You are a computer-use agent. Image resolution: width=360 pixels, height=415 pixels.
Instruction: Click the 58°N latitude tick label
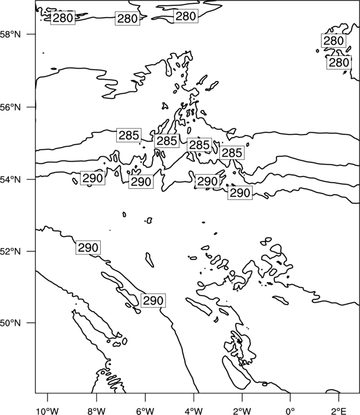[11, 34]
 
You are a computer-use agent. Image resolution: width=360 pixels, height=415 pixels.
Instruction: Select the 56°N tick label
[11, 107]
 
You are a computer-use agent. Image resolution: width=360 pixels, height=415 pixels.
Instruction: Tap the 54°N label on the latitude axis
[11, 180]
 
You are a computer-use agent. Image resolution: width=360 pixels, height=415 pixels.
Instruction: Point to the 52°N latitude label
[11, 251]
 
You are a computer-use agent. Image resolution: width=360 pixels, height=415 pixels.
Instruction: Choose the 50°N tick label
[11, 323]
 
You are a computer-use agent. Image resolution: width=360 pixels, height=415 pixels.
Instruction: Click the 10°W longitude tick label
[48, 411]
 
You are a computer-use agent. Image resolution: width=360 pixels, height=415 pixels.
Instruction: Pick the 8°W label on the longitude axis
[96, 411]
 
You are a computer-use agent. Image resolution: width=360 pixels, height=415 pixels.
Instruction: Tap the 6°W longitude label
[145, 411]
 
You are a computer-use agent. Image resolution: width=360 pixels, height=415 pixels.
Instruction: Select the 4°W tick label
[194, 411]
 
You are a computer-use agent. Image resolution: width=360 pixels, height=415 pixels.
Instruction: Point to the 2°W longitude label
[242, 411]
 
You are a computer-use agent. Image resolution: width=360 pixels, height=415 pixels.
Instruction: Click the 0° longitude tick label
[290, 411]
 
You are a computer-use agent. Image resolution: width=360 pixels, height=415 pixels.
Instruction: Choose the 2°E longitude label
[339, 411]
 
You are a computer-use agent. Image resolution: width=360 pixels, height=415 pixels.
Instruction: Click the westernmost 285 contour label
[128, 135]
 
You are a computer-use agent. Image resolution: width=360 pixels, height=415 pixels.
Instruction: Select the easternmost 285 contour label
[232, 153]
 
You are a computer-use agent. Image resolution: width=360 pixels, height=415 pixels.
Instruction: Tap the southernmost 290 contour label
[153, 300]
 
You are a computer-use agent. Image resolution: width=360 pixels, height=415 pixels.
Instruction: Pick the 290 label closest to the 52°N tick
[88, 247]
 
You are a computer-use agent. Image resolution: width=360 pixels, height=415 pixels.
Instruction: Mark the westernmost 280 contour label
[63, 18]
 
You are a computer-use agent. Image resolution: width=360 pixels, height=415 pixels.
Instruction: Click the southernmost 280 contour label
[339, 63]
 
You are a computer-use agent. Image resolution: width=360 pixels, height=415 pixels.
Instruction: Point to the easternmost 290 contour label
[240, 193]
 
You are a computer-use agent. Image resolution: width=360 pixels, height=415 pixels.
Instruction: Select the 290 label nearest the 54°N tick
[92, 178]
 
